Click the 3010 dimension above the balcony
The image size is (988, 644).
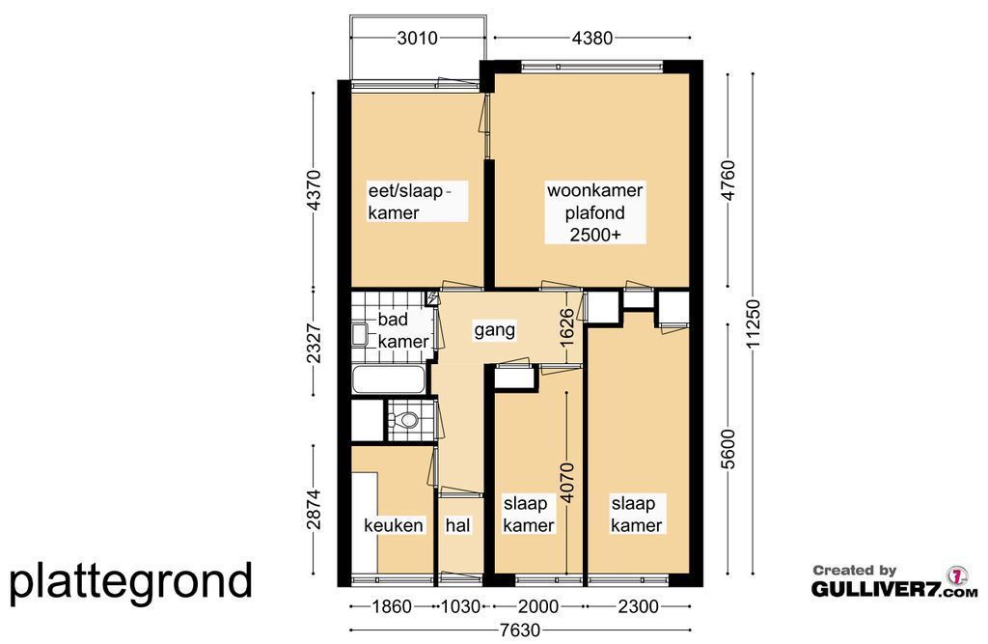click(417, 38)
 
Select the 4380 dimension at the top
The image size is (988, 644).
click(591, 38)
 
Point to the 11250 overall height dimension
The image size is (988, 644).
click(753, 322)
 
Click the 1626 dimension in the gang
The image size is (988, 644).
click(567, 326)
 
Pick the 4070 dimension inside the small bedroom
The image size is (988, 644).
click(567, 483)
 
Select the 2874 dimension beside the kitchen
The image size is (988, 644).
click(314, 509)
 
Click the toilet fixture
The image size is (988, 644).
click(404, 419)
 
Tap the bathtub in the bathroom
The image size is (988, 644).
click(388, 379)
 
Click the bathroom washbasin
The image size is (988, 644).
click(360, 334)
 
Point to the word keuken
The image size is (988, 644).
click(394, 525)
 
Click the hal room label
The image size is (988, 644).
click(457, 525)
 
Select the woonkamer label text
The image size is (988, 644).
click(594, 190)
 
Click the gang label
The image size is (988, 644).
click(495, 330)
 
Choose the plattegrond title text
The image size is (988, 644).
click(131, 581)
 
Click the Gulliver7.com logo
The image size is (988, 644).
click(894, 581)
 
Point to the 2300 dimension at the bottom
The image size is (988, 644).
click(638, 606)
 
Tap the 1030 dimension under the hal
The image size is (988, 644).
click(460, 606)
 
